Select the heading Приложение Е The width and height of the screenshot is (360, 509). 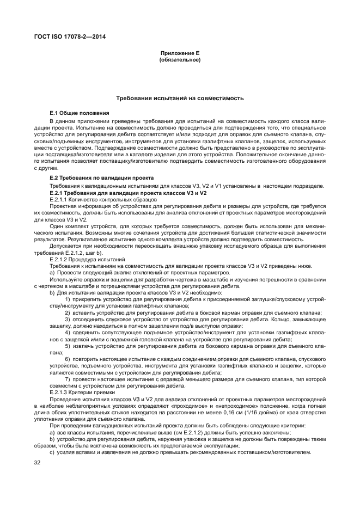point(180,53)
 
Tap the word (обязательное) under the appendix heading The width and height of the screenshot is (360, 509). point(180,59)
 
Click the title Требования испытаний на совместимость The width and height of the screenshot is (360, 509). point(180,98)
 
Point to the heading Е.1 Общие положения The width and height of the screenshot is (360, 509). point(80,112)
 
